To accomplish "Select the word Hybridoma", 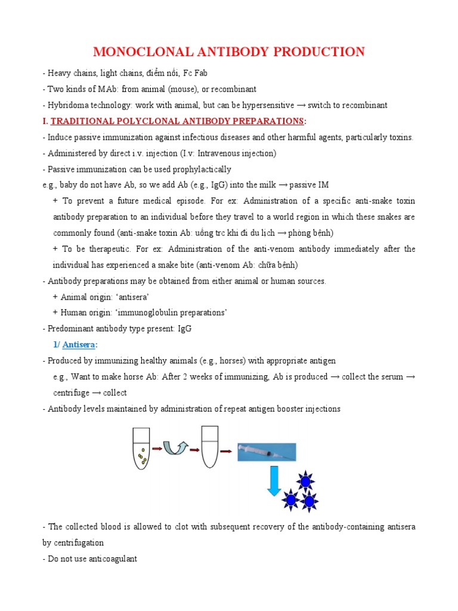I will [64, 105].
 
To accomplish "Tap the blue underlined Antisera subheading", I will [78, 344].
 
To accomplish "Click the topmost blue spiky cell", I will [305, 480].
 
